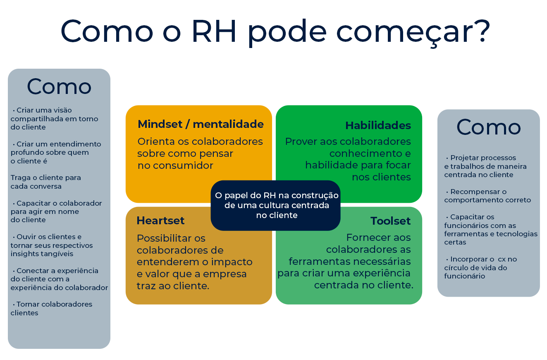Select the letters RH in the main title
(x=214, y=31)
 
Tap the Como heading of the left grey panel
(x=59, y=86)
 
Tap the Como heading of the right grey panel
(x=489, y=127)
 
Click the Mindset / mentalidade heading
(x=201, y=124)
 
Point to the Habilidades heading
(x=378, y=125)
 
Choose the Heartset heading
(x=160, y=221)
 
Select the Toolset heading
(x=390, y=221)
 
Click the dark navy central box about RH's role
(x=275, y=205)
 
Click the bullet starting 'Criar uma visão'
(x=54, y=119)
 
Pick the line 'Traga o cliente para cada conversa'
(x=45, y=182)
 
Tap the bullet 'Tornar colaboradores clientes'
(x=51, y=308)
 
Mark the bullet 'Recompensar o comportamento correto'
(x=487, y=196)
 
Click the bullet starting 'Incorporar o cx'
(x=480, y=268)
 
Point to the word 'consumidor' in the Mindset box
(x=183, y=166)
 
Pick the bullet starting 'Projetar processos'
(x=485, y=166)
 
